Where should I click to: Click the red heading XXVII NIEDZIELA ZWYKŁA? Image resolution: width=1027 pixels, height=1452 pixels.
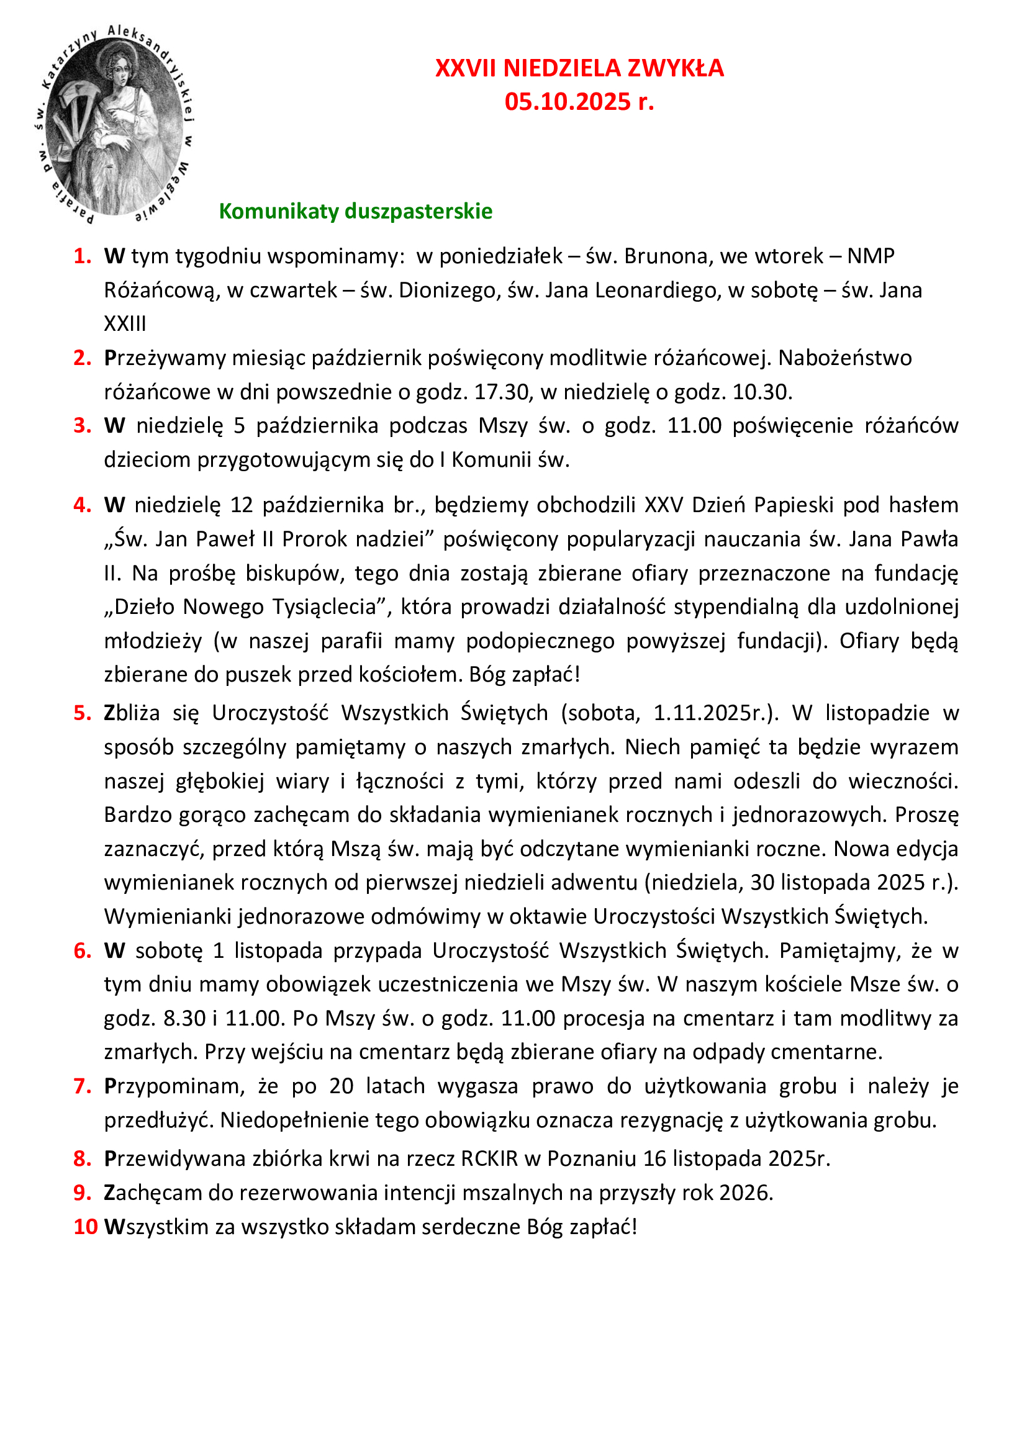pos(579,68)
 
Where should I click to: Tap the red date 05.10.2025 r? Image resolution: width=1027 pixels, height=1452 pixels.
pos(579,102)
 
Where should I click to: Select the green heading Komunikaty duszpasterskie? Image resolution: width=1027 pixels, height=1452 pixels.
pos(355,211)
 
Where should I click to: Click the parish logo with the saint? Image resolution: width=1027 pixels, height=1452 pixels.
pos(114,124)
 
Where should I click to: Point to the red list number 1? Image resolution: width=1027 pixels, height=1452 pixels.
pos(82,256)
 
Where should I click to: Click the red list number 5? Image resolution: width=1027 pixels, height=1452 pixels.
pos(82,713)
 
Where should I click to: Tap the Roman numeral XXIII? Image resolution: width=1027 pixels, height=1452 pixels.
pos(125,324)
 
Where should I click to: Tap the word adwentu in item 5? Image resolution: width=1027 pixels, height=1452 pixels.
pos(594,882)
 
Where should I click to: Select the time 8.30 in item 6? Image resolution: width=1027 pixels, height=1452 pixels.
pos(184,1018)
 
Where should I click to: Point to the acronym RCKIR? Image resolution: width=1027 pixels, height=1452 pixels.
pos(489,1158)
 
